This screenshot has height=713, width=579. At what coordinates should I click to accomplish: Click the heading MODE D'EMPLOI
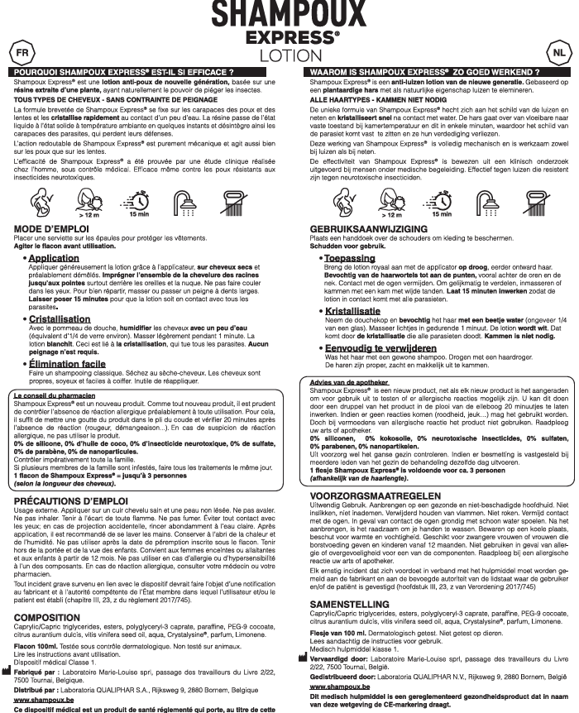point(51,227)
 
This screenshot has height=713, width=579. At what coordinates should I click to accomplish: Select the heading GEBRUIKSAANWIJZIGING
point(369,227)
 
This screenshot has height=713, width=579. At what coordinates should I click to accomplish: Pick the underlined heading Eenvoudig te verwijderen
point(382,348)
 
